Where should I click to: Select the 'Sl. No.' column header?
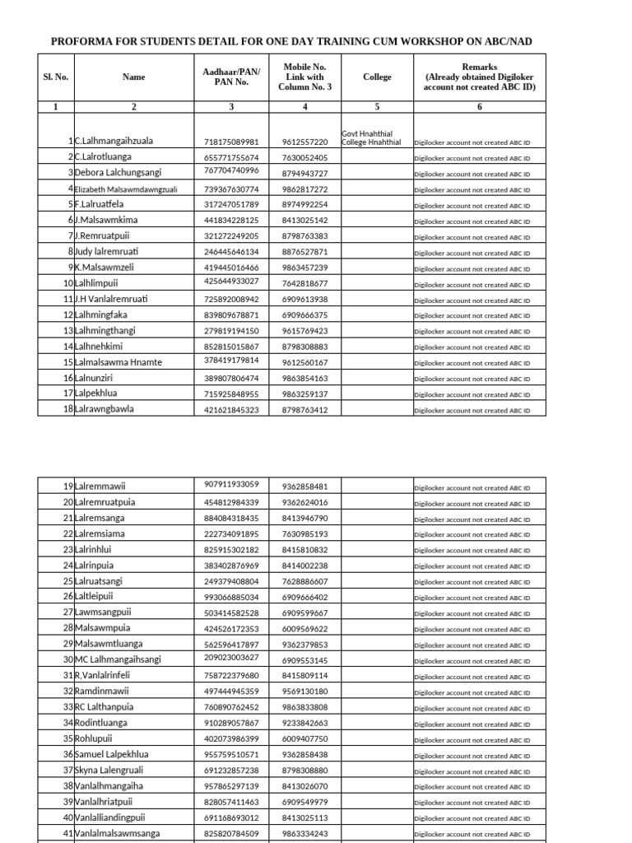(56, 77)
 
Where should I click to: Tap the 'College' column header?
(377, 77)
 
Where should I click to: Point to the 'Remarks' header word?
(480, 67)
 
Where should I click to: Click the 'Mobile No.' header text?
(305, 67)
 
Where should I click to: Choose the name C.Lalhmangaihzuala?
(119, 142)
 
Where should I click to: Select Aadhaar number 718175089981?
(231, 142)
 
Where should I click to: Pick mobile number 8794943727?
(305, 174)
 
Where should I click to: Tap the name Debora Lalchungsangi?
(119, 173)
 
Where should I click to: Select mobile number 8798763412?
(305, 410)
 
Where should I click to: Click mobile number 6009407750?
(305, 739)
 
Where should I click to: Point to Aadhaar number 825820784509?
(231, 834)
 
